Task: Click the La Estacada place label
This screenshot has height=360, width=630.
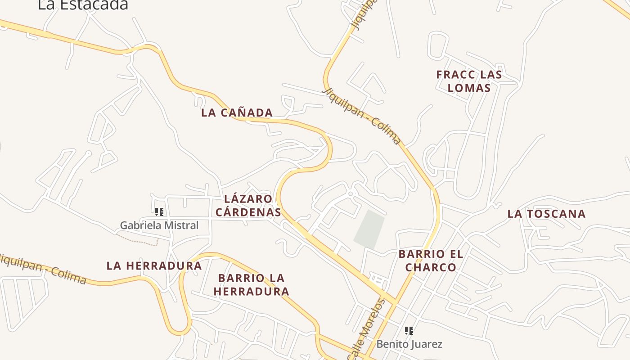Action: click(x=83, y=4)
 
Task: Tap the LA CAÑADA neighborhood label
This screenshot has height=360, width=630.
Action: click(x=237, y=112)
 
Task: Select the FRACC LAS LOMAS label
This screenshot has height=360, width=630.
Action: click(x=469, y=81)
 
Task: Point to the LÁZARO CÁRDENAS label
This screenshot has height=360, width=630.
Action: click(x=248, y=205)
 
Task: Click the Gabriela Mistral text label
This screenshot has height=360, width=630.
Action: click(x=159, y=225)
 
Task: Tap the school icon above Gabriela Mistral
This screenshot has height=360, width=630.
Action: click(x=159, y=211)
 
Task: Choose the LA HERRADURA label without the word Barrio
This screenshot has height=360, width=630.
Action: click(x=154, y=265)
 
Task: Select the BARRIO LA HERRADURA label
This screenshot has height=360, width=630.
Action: click(x=251, y=284)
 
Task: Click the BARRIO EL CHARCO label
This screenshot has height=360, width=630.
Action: click(x=431, y=261)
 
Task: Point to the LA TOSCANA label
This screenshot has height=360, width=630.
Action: click(x=546, y=214)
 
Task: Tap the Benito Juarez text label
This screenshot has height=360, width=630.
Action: click(x=409, y=344)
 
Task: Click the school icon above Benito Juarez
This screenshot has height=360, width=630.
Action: click(x=409, y=331)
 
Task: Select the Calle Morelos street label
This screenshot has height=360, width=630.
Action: click(x=366, y=328)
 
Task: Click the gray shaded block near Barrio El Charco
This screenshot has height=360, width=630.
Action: click(x=369, y=229)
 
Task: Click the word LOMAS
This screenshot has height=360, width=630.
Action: click(x=469, y=88)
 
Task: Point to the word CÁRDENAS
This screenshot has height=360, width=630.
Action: click(x=248, y=212)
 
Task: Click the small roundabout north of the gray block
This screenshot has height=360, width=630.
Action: click(x=351, y=194)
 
